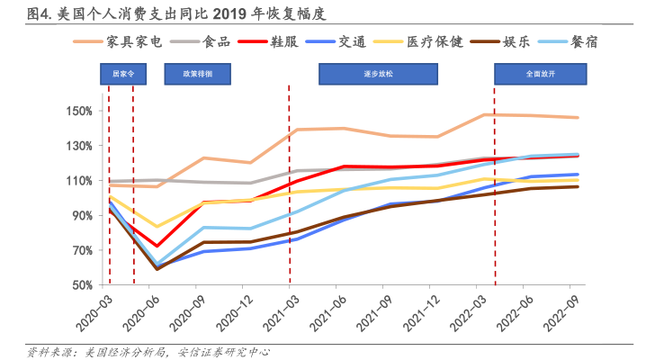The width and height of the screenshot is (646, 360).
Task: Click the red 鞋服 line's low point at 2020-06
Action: pyautogui.click(x=157, y=246)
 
